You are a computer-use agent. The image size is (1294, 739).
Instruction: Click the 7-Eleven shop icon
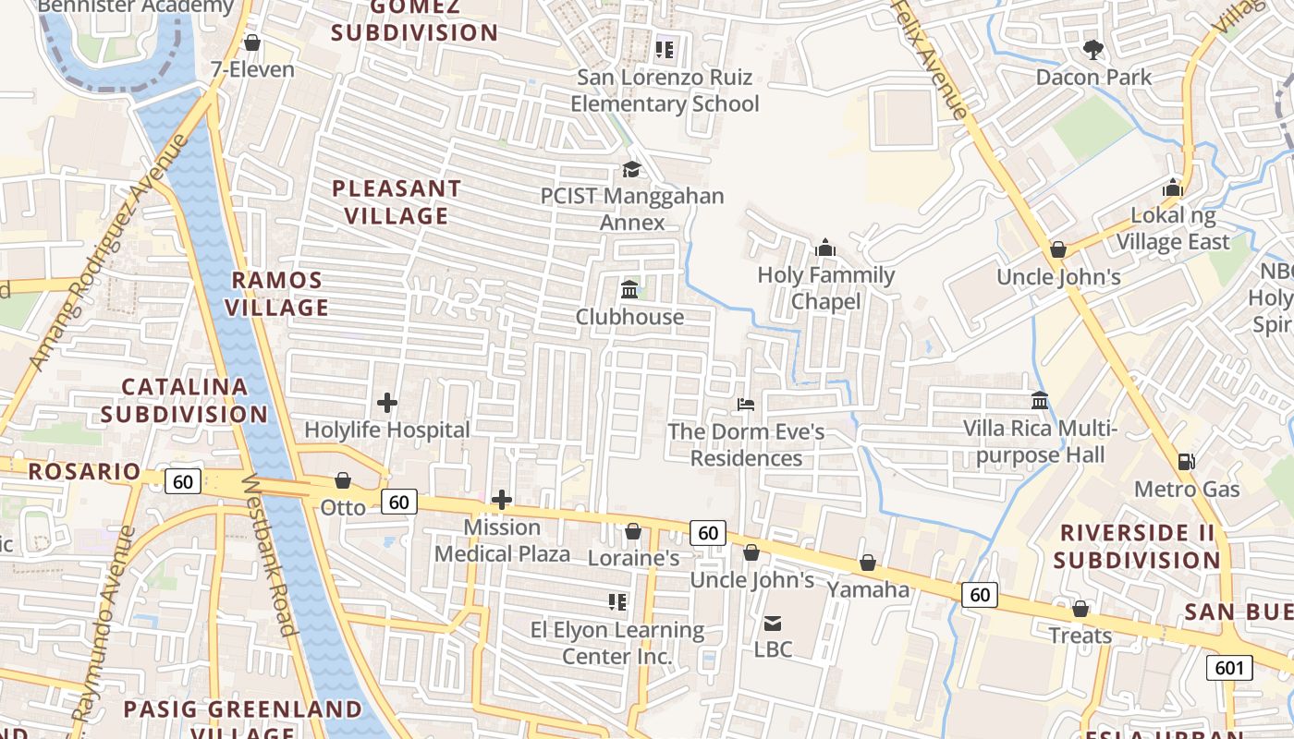[x=251, y=42]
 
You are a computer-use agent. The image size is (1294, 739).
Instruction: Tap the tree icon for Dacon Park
[x=1093, y=49]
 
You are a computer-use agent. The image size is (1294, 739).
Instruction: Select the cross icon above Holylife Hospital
[x=387, y=403]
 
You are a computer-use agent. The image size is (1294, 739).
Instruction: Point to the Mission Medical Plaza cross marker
[x=502, y=500]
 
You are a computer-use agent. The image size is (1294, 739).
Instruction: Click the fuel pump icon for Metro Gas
[x=1186, y=461]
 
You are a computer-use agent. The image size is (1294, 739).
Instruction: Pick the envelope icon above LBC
[x=773, y=623]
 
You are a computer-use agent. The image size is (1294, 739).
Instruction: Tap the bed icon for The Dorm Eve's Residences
[x=746, y=405]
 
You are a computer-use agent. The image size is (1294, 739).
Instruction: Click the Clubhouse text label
[x=629, y=317]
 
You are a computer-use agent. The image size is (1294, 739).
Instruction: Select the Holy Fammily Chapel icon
[x=825, y=248]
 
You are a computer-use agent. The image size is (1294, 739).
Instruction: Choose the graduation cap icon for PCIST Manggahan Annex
[x=631, y=169]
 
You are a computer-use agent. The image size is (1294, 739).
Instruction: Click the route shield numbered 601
[x=1228, y=667]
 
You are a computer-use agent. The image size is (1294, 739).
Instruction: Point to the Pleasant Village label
[x=397, y=202]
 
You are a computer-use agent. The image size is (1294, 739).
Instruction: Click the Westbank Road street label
[x=269, y=555]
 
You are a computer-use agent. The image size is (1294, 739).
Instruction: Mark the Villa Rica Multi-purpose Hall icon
[x=1040, y=401]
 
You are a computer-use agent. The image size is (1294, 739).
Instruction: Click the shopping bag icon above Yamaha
[x=867, y=563]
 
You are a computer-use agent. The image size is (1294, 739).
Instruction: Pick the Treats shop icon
[x=1080, y=609]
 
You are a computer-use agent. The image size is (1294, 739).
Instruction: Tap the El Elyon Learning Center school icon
[x=617, y=602]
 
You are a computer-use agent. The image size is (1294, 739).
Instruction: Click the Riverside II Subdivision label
[x=1136, y=546]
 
